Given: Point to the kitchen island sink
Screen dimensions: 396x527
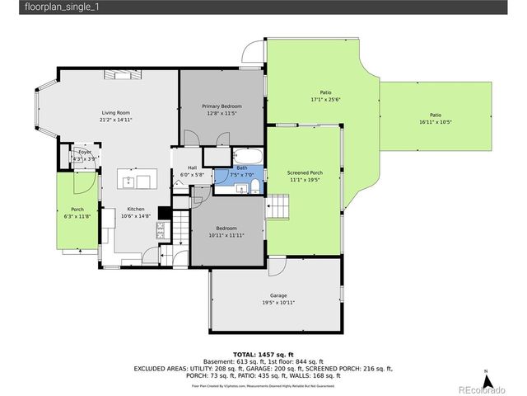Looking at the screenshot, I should pos(129,179).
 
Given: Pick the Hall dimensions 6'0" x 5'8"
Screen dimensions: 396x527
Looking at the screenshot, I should pos(190,175).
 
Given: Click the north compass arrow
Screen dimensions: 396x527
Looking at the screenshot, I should pos(487,380).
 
